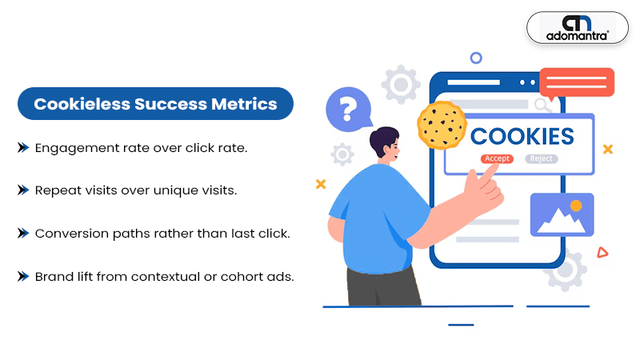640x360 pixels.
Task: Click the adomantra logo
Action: tap(577, 28)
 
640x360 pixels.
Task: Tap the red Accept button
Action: tap(497, 158)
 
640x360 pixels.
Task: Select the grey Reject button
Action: tap(542, 158)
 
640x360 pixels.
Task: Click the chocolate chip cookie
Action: tap(442, 125)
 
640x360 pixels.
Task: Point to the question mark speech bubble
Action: tap(348, 109)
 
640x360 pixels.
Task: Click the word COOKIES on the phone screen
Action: tap(522, 136)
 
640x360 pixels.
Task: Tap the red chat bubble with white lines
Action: tap(577, 83)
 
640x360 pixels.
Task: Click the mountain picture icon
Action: tap(562, 214)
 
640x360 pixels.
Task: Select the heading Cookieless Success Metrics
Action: tap(155, 104)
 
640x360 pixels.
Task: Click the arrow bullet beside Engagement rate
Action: tap(23, 147)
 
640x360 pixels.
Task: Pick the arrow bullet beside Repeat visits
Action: tap(23, 190)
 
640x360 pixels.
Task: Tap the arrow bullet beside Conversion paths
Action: tap(23, 233)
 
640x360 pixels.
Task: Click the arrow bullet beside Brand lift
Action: tap(23, 276)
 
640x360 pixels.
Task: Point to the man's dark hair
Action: tap(383, 138)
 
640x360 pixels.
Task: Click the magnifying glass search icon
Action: tap(542, 105)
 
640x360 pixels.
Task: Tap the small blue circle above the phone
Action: tap(476, 58)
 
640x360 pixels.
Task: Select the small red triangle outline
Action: tap(602, 253)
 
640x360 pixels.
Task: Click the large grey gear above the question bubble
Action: tap(401, 85)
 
